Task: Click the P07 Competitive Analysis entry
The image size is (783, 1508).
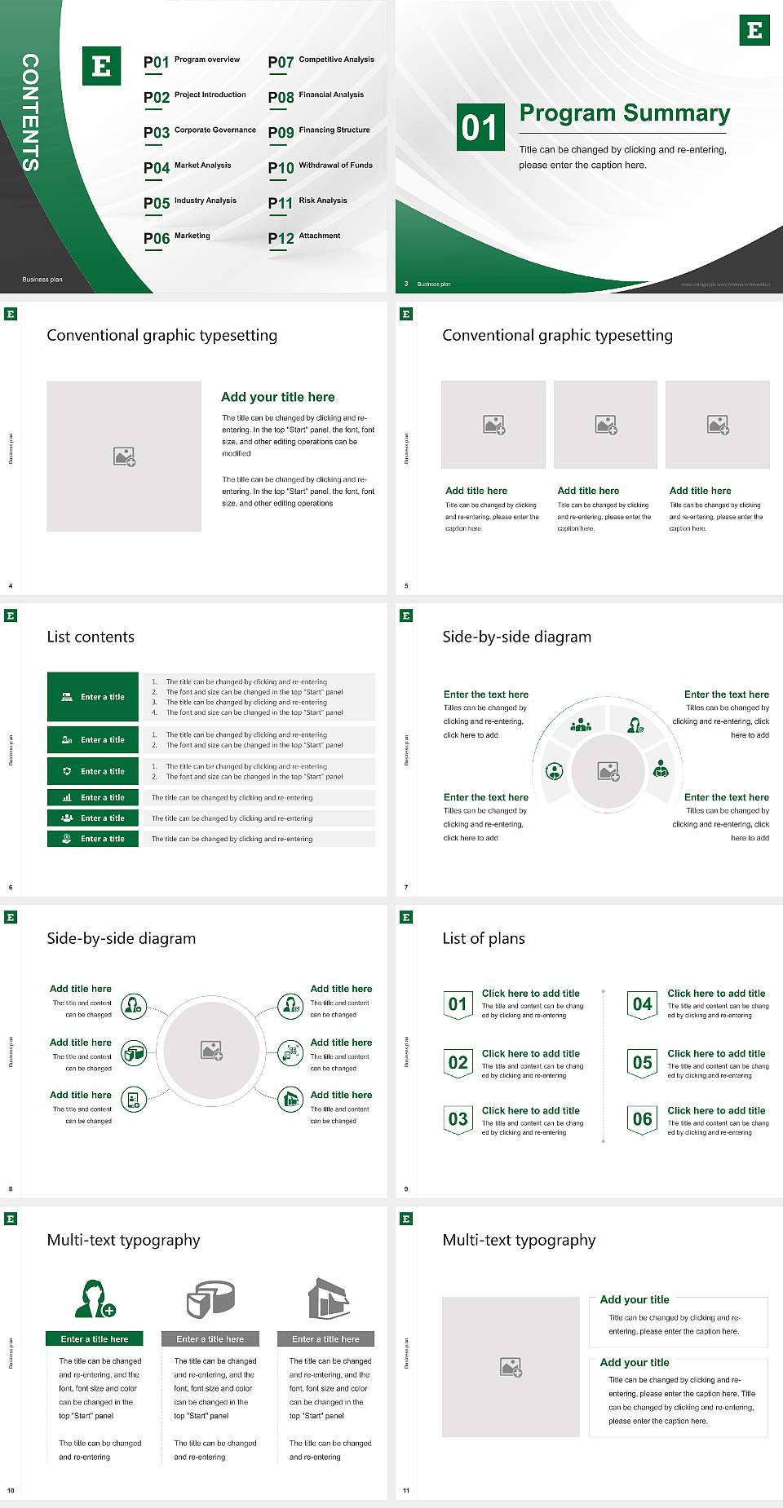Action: [321, 61]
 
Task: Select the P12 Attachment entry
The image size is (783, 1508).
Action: [304, 237]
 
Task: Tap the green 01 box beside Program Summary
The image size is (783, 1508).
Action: [480, 127]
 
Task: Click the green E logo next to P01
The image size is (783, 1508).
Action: [101, 66]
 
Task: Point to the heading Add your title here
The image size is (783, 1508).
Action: [277, 397]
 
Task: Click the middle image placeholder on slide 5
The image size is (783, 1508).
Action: [605, 425]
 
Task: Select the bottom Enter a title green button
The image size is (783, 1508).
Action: [93, 838]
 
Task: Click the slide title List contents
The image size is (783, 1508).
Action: [91, 637]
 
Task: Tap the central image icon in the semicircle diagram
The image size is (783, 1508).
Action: [608, 770]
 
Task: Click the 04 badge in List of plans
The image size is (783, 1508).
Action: [643, 1004]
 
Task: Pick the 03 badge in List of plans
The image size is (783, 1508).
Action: [458, 1119]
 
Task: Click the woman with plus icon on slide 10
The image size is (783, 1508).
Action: [95, 1299]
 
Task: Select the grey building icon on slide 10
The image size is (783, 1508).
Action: [328, 1299]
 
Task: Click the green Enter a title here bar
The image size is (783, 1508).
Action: [95, 1338]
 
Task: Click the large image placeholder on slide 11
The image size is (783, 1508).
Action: [511, 1366]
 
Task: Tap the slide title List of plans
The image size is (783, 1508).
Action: [484, 938]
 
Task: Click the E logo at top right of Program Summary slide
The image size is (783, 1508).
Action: [754, 30]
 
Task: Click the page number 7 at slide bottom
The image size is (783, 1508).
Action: [406, 887]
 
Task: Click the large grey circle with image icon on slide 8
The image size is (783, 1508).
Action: [211, 1050]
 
